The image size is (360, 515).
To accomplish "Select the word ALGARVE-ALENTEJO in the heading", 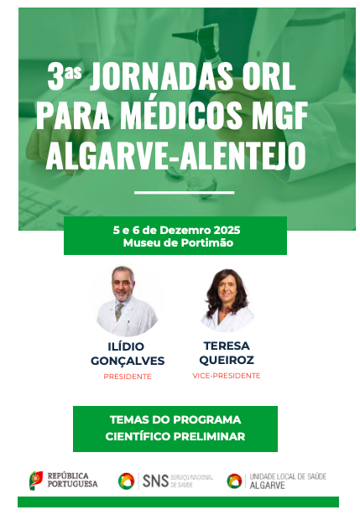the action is click(x=175, y=155).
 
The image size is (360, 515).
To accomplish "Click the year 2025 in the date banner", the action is click(x=227, y=230).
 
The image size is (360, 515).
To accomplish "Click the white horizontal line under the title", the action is click(x=185, y=192).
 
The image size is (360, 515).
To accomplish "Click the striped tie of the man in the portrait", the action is click(x=119, y=312).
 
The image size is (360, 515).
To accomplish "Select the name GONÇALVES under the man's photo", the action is click(x=128, y=361).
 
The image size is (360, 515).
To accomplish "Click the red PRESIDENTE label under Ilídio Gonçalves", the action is click(x=128, y=377).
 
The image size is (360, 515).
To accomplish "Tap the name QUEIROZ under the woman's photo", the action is click(x=227, y=360).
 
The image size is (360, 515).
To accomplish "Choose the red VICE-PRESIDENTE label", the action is click(x=227, y=376).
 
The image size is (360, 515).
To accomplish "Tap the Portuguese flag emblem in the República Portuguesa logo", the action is click(x=36, y=480).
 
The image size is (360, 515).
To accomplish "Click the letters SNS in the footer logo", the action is click(x=156, y=481).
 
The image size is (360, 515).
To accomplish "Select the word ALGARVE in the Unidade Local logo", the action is click(x=267, y=485).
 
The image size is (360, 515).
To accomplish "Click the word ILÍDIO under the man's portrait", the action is click(x=126, y=346).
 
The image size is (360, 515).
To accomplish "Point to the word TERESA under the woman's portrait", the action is click(x=227, y=346).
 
